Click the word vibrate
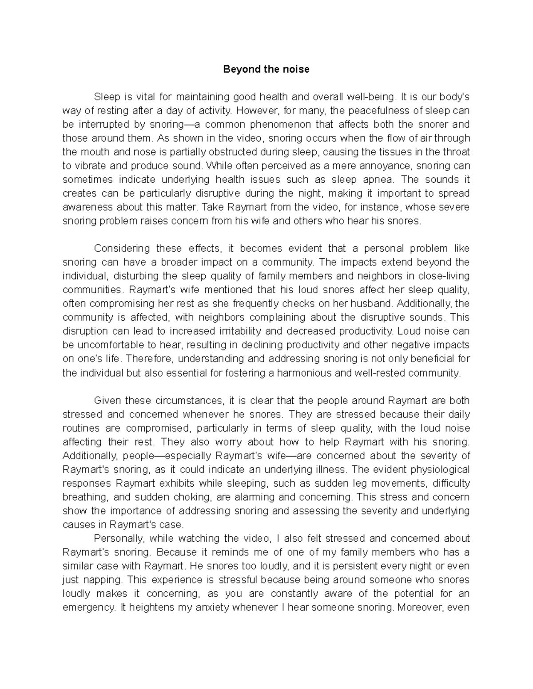(91, 165)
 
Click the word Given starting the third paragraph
(107, 400)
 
